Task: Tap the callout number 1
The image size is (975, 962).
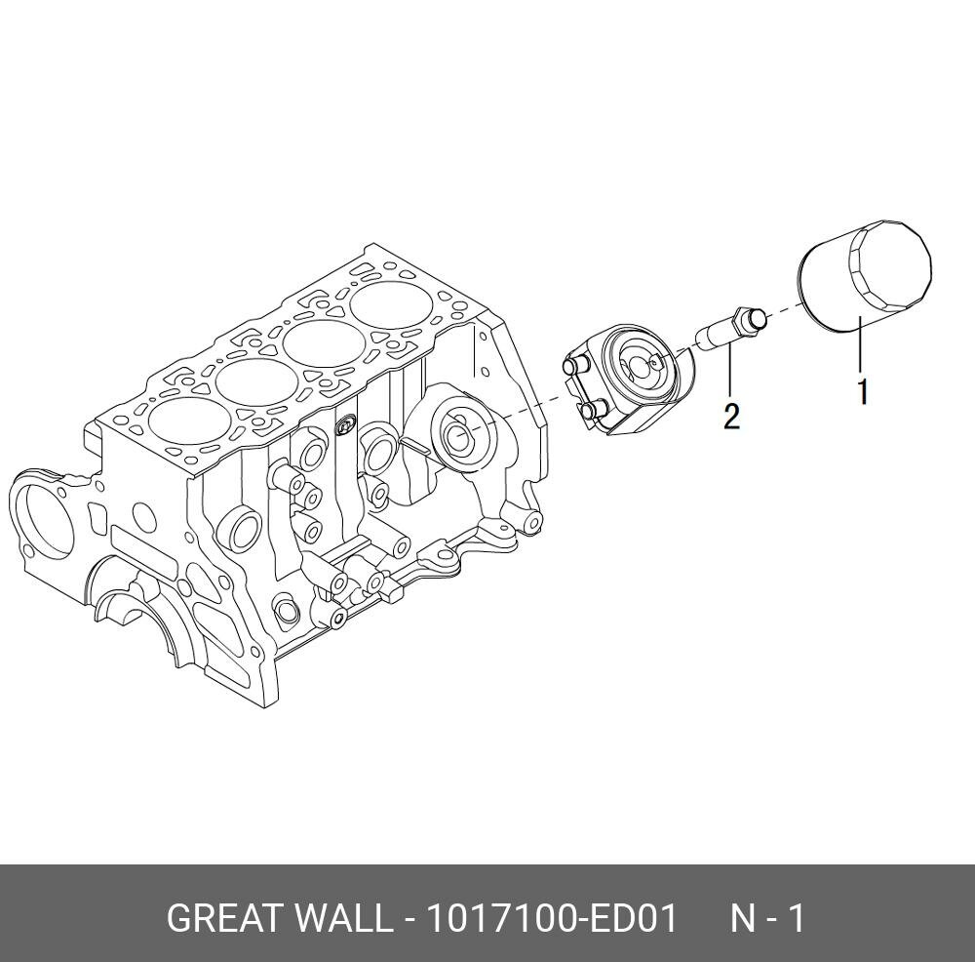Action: pos(863,392)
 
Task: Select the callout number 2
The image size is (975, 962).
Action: pos(731,417)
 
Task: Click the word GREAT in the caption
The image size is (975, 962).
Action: pos(225,918)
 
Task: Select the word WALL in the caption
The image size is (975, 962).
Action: pos(345,918)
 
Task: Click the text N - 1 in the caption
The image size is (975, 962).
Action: pos(768,918)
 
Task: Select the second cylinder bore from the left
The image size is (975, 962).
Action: pos(256,381)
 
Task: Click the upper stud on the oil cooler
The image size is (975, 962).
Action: pos(572,367)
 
